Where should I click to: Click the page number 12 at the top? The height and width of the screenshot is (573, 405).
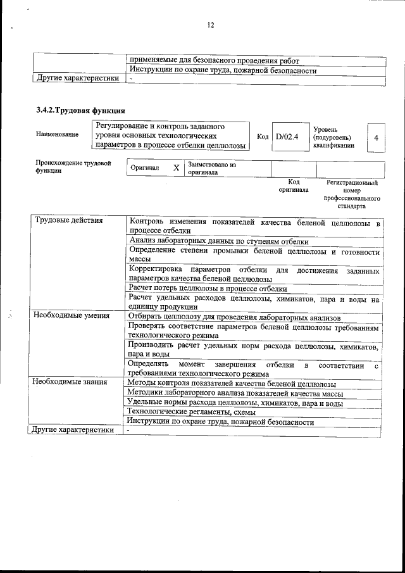(x=211, y=25)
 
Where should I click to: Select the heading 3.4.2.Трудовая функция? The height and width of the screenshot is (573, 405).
(x=80, y=111)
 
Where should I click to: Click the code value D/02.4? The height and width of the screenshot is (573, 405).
(x=287, y=137)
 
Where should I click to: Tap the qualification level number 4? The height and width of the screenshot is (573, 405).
(x=377, y=137)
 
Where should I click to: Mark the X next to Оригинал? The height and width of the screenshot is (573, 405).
(x=176, y=168)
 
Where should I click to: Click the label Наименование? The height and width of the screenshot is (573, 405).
(x=58, y=134)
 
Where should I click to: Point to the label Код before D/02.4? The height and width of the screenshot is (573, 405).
(x=263, y=137)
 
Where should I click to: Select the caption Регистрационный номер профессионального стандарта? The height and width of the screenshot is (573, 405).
(x=352, y=194)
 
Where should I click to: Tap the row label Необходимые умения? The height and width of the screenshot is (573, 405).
(x=72, y=315)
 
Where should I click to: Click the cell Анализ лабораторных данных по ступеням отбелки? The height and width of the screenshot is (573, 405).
(x=219, y=241)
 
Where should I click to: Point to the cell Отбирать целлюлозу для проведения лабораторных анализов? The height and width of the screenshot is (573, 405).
(x=234, y=317)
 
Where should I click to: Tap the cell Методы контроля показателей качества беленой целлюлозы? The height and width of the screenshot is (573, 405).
(x=232, y=384)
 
